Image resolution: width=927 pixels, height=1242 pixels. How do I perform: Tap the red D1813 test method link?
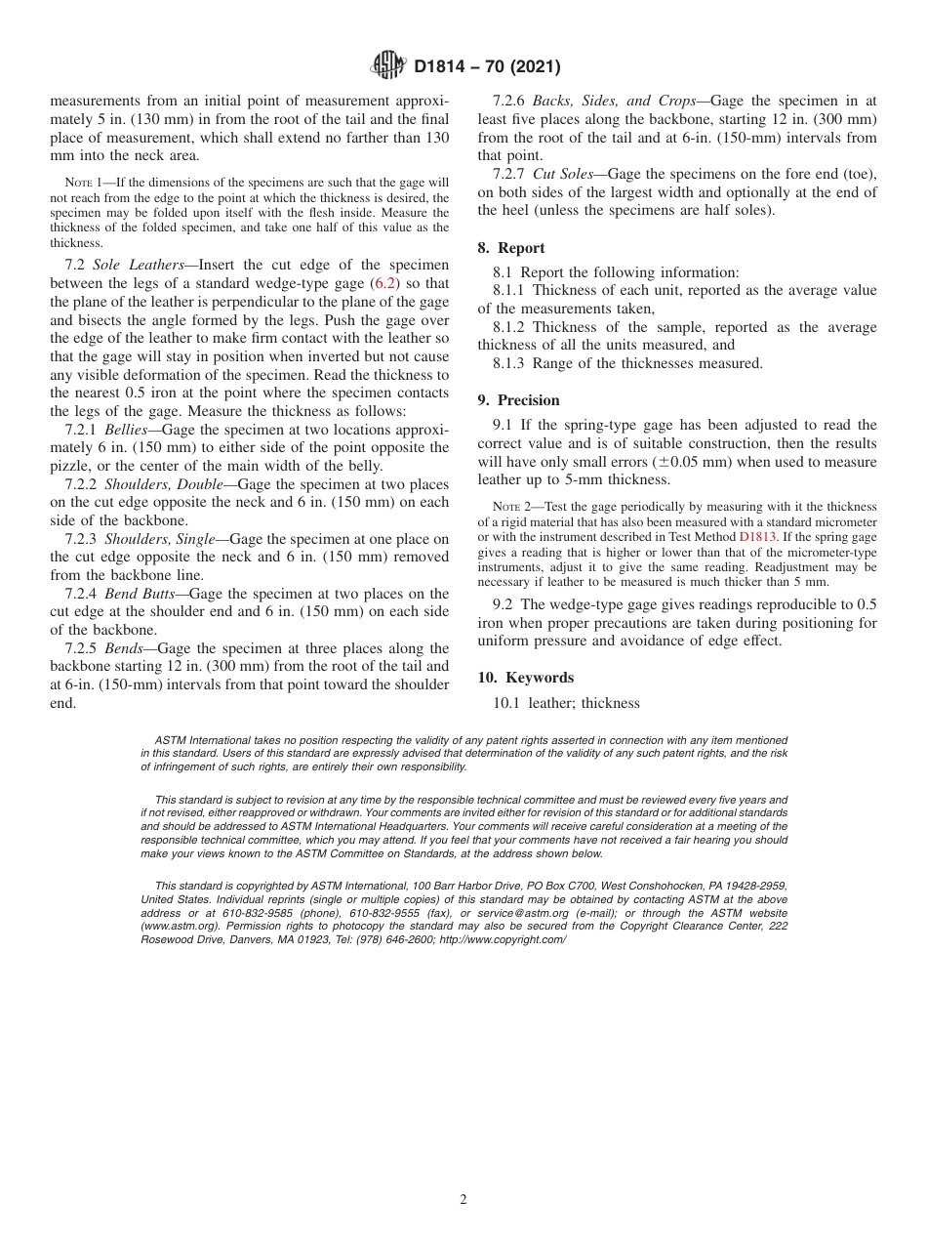[x=757, y=536]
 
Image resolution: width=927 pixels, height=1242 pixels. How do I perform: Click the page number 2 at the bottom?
[x=463, y=1200]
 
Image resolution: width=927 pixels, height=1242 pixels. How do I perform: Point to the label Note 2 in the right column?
[x=513, y=507]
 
